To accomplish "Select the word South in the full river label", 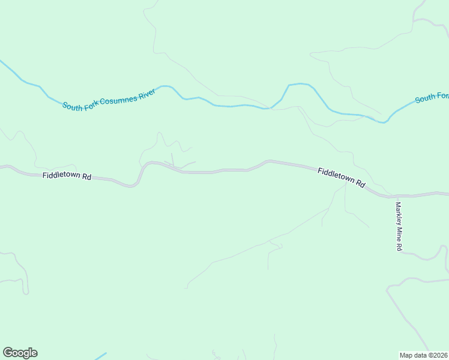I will coord(73,106).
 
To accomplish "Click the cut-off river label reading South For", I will coord(432,97).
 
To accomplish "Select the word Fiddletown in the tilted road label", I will coord(336,176).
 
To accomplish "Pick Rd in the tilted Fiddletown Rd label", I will coord(360,184).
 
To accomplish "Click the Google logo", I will coord(20,353).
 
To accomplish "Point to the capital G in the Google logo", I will coord(8,353).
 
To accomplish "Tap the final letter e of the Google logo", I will coord(34,353).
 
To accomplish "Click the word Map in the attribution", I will coord(406,355).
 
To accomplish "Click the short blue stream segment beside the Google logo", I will coord(101,356).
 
